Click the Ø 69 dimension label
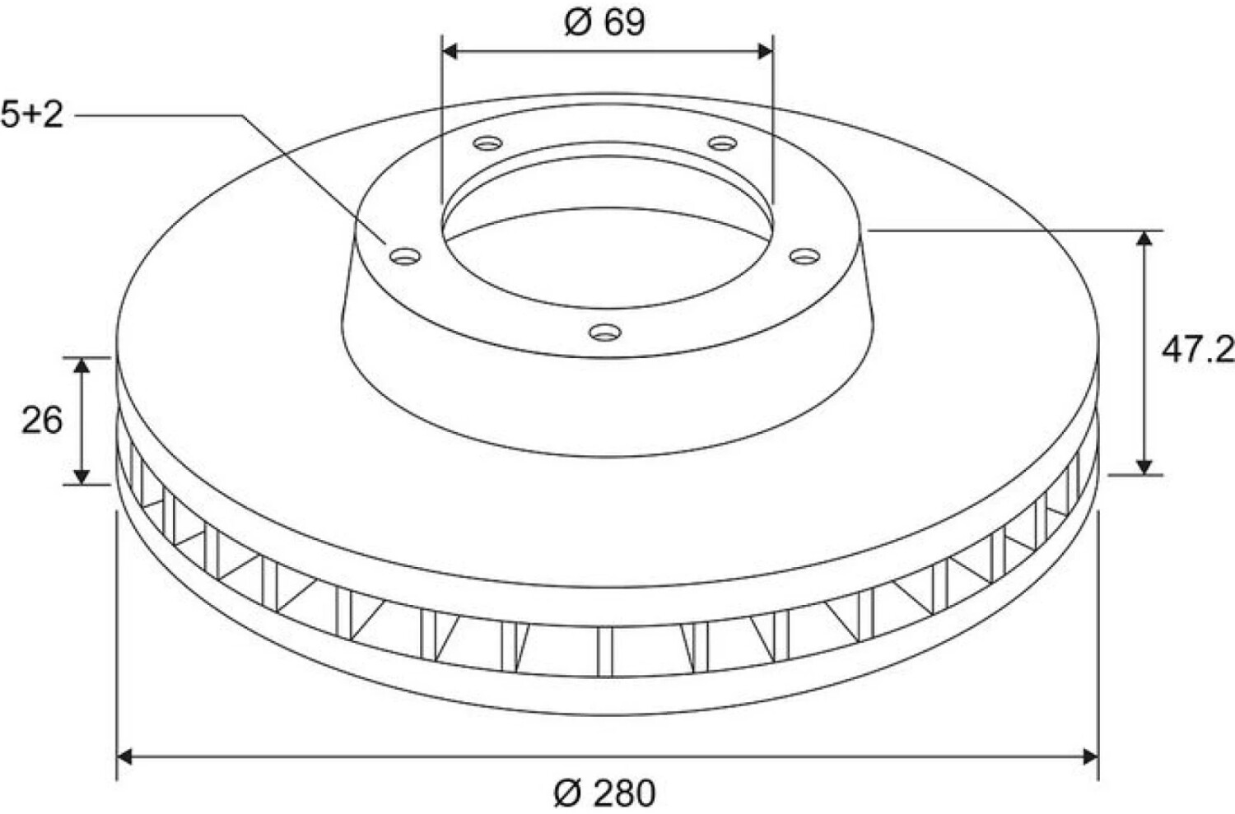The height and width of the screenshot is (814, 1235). pyautogui.click(x=605, y=22)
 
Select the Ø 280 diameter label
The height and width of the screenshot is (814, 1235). pyautogui.click(x=604, y=793)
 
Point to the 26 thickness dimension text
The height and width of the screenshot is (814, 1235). pyautogui.click(x=42, y=421)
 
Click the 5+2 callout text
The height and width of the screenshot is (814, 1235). pyautogui.click(x=32, y=115)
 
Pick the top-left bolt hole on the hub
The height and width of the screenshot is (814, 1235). pyautogui.click(x=488, y=144)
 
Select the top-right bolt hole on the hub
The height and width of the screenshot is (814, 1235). pyautogui.click(x=723, y=143)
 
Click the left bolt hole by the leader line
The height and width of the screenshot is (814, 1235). pyautogui.click(x=405, y=256)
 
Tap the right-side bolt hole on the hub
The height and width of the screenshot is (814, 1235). pyautogui.click(x=805, y=256)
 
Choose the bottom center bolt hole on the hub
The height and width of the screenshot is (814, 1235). pyautogui.click(x=605, y=333)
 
